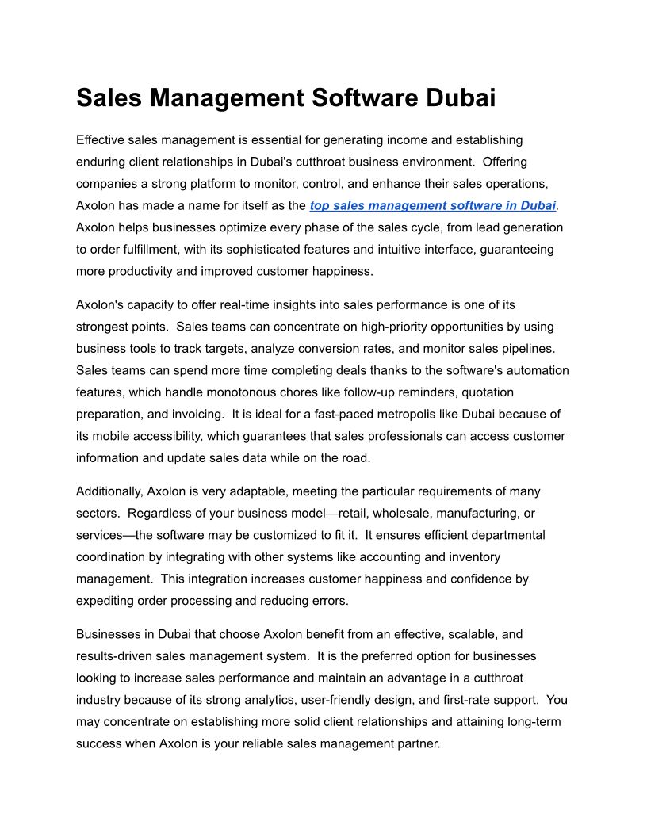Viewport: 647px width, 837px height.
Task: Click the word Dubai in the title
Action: tap(461, 98)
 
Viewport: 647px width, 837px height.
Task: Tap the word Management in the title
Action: tap(225, 98)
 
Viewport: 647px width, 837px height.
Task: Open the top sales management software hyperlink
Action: tap(433, 205)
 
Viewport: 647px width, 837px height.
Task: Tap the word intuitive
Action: tap(395, 249)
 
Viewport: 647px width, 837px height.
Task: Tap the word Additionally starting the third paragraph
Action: tap(109, 491)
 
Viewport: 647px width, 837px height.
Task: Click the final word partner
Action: tap(415, 743)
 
